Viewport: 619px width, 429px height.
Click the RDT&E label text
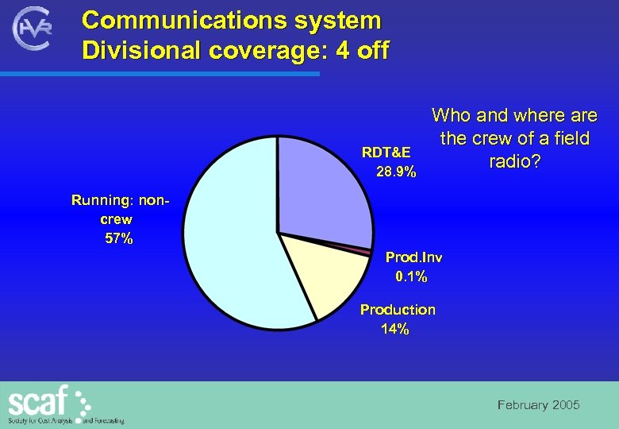point(386,152)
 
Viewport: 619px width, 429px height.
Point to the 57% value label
point(119,238)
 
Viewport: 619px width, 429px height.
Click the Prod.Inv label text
point(413,257)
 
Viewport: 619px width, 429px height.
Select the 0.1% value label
point(411,276)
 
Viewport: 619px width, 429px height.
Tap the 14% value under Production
point(395,329)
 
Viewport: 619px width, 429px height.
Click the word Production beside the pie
point(398,310)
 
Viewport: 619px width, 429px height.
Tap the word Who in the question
point(451,116)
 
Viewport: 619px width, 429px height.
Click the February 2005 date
point(538,405)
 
